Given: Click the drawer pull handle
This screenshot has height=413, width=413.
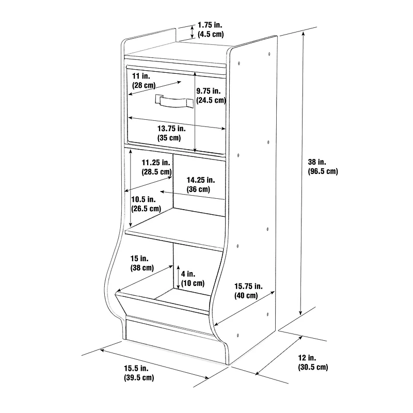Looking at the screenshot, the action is [174, 101].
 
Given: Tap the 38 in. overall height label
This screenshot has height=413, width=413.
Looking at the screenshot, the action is [323, 166].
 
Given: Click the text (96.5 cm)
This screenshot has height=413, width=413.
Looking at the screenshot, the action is [323, 171].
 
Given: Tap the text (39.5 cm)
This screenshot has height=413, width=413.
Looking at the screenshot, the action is [139, 377].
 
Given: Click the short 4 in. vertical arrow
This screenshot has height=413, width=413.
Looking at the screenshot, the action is [178, 277].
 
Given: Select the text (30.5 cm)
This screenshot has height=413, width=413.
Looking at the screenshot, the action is [313, 367].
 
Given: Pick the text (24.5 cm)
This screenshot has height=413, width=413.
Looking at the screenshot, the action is [211, 100].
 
